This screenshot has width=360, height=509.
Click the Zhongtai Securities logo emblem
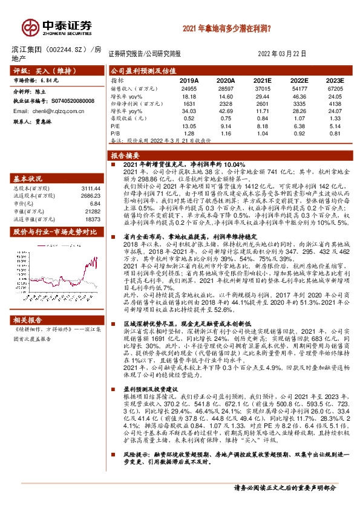pyautogui.click(x=30, y=27)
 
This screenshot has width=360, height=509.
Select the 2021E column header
pyautogui.click(x=262, y=80)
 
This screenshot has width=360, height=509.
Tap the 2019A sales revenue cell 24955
pyautogui.click(x=189, y=88)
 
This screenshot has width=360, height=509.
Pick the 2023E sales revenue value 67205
pyautogui.click(x=335, y=88)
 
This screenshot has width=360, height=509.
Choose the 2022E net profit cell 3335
pyautogui.click(x=298, y=103)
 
